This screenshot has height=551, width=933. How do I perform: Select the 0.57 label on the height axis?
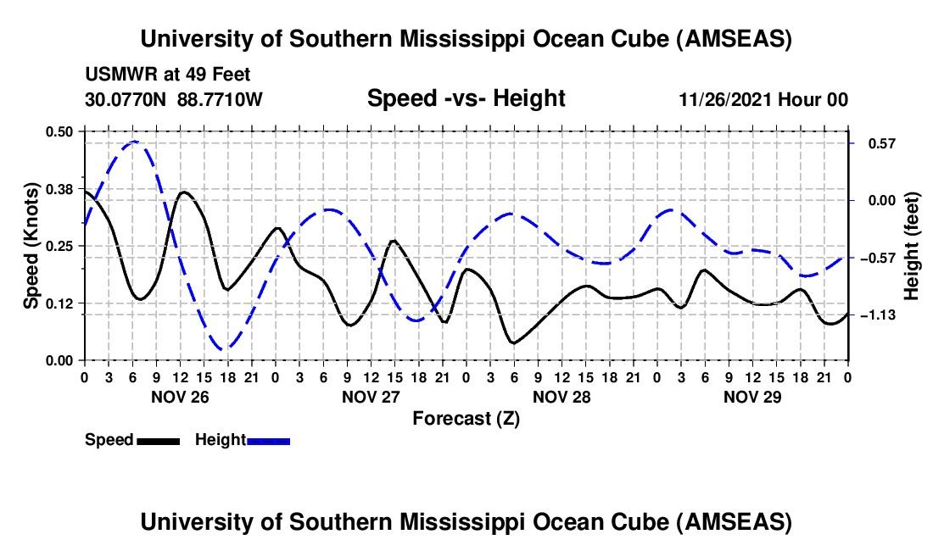[x=876, y=143]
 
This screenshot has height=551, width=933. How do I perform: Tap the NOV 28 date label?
[x=561, y=396]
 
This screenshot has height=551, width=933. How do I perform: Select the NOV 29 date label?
[x=752, y=396]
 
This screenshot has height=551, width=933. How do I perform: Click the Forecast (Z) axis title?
[x=466, y=419]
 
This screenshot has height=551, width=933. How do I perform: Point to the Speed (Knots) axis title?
[x=31, y=246]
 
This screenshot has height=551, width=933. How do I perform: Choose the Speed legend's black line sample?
[x=157, y=440]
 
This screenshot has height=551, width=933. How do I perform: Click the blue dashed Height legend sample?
[x=268, y=440]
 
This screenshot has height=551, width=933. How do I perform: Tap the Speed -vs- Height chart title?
[x=466, y=99]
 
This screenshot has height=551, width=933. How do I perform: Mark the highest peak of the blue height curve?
[x=133, y=142]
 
